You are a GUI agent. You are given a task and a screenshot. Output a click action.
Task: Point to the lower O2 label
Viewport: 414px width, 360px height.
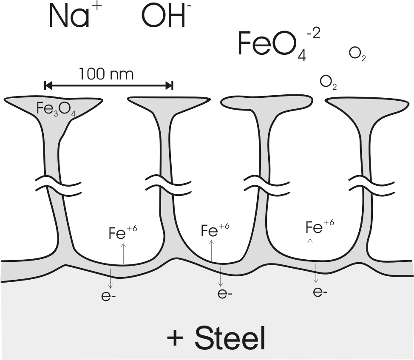328,82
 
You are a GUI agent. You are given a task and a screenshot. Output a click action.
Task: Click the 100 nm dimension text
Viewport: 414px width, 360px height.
106,74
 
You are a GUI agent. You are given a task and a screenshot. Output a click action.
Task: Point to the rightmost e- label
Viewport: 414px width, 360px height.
320,292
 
